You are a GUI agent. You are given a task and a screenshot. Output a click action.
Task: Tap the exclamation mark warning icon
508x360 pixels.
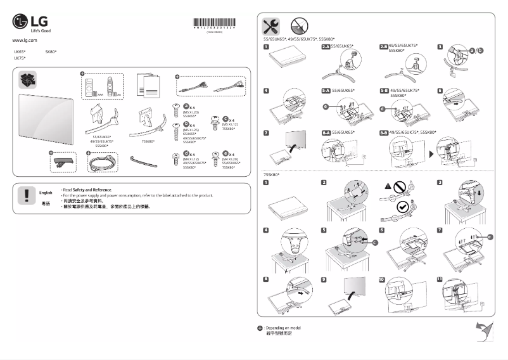point(26,195)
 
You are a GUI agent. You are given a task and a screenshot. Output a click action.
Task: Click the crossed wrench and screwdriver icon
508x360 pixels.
point(272,26)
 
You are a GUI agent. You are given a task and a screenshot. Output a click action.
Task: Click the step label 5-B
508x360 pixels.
point(383,91)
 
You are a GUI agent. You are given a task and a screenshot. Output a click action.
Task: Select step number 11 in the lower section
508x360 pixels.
point(440,280)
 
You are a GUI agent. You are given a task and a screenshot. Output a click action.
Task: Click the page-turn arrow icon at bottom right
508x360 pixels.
point(485,330)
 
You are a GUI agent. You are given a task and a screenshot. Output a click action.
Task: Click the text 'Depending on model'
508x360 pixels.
point(283,327)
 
